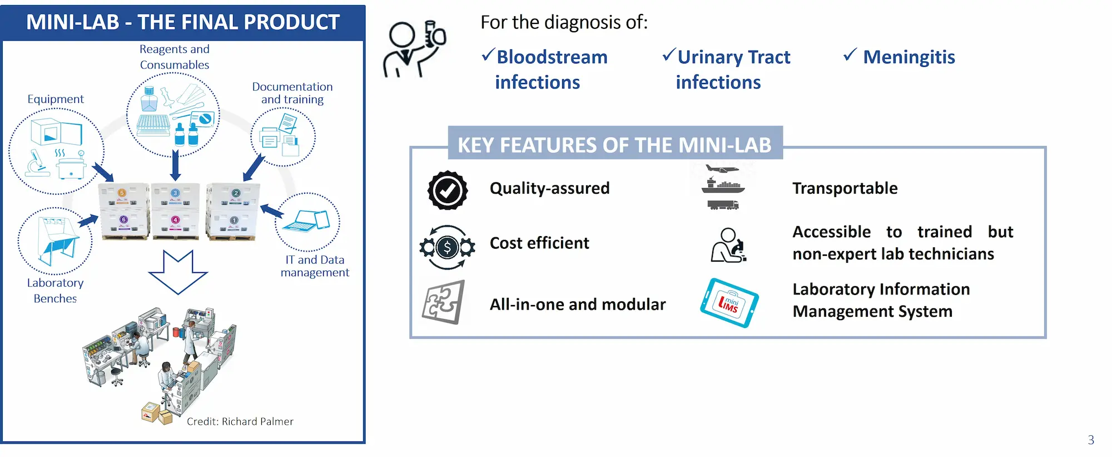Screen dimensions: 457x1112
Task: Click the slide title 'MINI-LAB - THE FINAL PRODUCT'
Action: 183,22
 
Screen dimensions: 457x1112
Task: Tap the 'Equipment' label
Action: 56,99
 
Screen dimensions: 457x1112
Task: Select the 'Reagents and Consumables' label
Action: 175,57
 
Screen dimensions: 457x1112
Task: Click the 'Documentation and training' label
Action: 292,93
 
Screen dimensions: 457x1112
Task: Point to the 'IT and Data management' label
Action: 315,266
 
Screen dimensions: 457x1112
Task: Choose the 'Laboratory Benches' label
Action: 55,291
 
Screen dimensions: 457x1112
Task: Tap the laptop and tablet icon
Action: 306,221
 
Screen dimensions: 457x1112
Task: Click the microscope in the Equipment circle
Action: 37,164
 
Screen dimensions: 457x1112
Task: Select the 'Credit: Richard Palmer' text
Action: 240,421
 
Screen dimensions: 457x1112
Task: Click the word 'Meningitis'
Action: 909,57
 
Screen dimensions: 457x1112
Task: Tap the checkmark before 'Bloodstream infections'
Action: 488,55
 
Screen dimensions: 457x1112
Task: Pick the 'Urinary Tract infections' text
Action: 733,70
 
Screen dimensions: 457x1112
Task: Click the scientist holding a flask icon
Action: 414,49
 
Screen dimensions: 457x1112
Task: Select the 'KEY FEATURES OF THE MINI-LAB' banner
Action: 614,145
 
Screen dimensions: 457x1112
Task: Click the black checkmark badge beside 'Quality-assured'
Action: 448,190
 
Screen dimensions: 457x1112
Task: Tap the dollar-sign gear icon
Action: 448,247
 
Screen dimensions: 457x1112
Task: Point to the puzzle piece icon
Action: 443,302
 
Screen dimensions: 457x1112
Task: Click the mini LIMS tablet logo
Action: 729,303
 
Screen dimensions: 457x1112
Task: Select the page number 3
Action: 1091,440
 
